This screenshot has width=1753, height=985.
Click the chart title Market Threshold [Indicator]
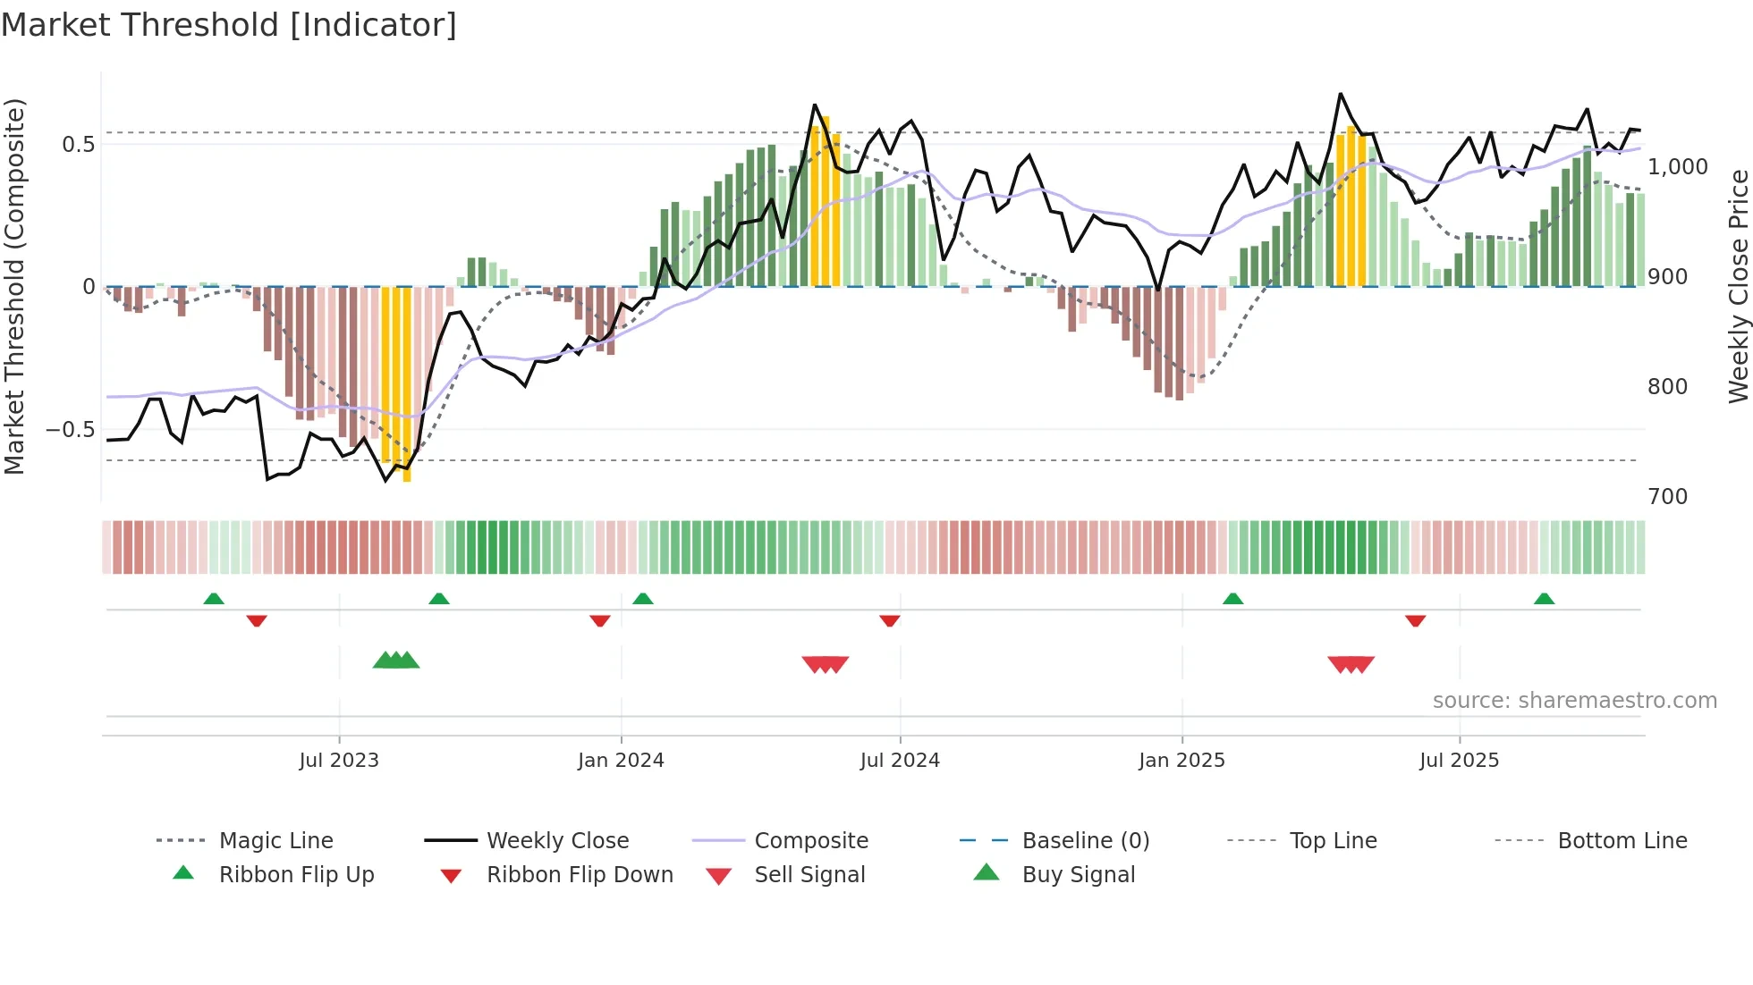pos(229,25)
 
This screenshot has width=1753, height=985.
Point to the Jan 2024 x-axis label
pos(621,761)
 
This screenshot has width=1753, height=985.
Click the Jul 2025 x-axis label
pos(1459,761)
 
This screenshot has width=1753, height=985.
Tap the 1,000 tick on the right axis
pos(1677,167)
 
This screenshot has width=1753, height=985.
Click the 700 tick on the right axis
pos(1667,497)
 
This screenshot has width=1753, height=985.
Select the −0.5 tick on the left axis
pos(71,430)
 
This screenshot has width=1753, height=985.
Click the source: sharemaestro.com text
pos(1574,701)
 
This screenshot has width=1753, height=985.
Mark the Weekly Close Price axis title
pos(1738,286)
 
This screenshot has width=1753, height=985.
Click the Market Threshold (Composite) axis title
pos(14,286)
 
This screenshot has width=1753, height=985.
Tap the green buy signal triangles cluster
pos(396,661)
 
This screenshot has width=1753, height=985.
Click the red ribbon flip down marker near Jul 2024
pos(889,620)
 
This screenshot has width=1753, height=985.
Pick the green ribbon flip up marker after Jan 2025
pos(1232,599)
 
